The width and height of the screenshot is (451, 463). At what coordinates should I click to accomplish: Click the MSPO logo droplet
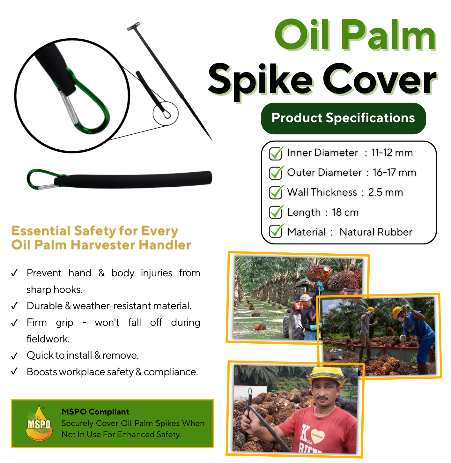(39, 423)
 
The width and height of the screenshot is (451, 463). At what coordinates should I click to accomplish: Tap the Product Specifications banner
(343, 118)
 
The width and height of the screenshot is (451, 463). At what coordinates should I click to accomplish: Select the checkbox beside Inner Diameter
(276, 153)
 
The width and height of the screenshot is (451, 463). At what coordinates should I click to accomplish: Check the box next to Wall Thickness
(276, 192)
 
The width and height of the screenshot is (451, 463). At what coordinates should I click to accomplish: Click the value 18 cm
(345, 212)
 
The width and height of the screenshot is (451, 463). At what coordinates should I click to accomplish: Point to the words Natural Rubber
(376, 232)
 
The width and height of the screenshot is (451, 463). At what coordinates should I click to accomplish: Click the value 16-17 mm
(395, 173)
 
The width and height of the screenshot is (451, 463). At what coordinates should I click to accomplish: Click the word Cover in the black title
(379, 79)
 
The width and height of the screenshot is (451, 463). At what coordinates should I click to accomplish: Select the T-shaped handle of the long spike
(133, 26)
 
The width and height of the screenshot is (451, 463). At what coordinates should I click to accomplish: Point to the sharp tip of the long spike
(211, 139)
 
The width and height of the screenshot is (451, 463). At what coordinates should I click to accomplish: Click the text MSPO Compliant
(95, 412)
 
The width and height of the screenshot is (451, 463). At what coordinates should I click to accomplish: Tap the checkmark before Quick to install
(14, 356)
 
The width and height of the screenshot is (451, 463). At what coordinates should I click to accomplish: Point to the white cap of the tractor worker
(306, 297)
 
